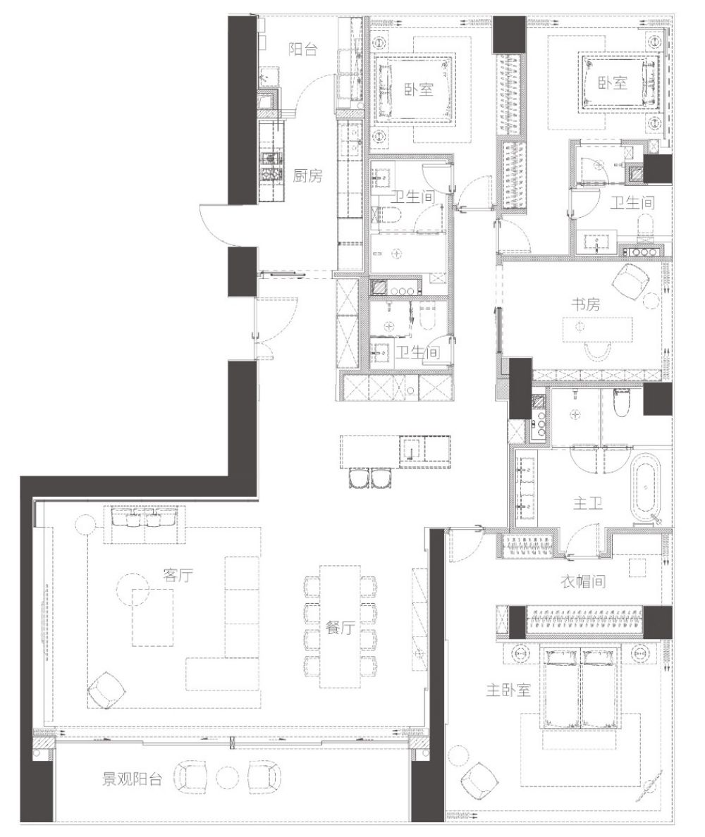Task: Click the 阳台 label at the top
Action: tap(303, 49)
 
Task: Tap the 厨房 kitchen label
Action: tap(307, 175)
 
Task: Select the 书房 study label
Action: tap(585, 304)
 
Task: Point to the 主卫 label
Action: tap(587, 502)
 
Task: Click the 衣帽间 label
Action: tap(583, 581)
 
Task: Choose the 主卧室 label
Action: tap(508, 690)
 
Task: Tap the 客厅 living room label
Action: tap(178, 575)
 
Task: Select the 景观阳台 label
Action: tap(132, 779)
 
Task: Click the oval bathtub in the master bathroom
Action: tap(646, 489)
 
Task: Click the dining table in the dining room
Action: tap(340, 626)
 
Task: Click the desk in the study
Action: tap(597, 329)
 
